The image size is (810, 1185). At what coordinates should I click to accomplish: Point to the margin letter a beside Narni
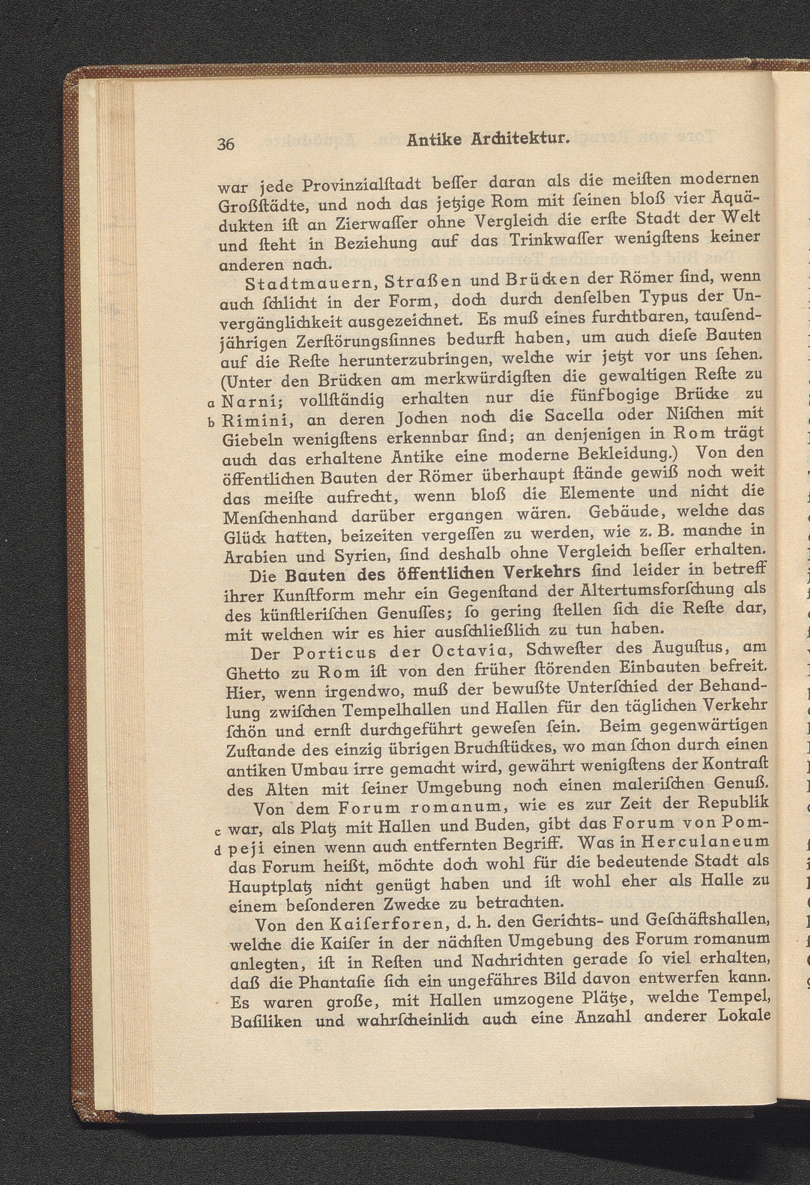coord(211,405)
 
